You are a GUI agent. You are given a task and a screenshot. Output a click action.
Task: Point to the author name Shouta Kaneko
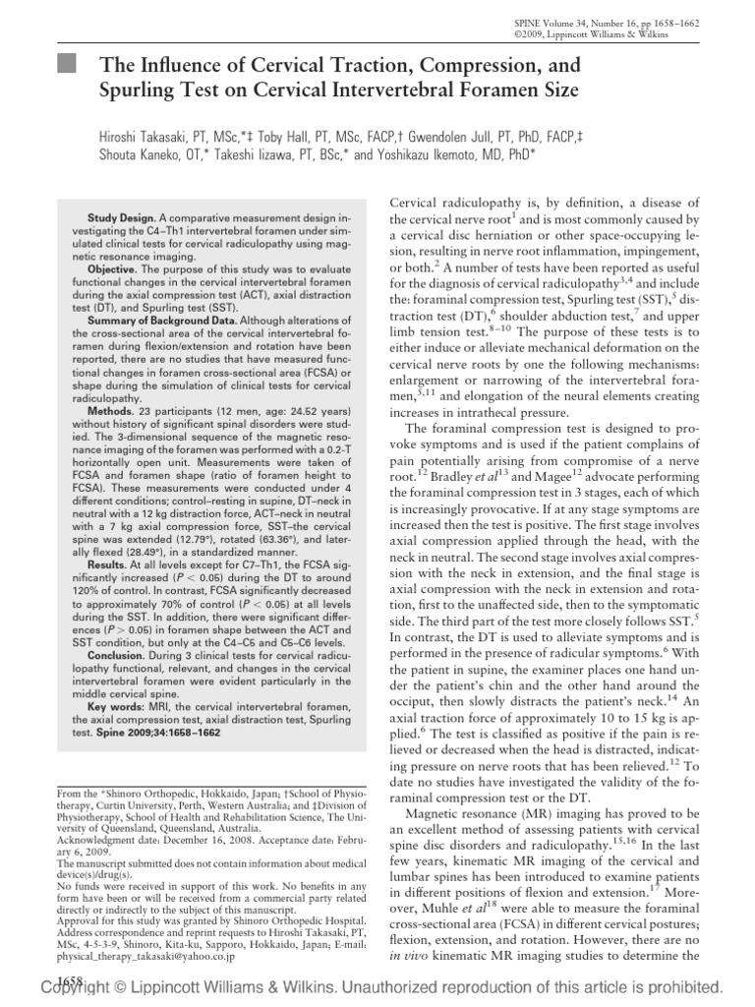(141, 154)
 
